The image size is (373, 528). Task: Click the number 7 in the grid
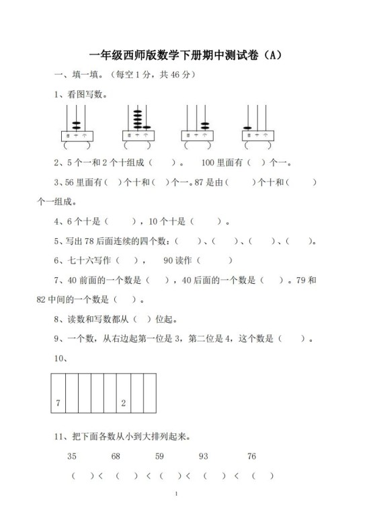tap(58, 403)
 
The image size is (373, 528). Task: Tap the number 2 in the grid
tap(123, 403)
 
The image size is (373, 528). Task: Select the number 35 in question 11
tap(72, 457)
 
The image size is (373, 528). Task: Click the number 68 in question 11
tap(116, 457)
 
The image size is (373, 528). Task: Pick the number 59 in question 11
tap(159, 457)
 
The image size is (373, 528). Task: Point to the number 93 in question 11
tap(204, 457)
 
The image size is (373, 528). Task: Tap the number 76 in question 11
tap(251, 457)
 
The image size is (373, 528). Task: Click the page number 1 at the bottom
tap(175, 514)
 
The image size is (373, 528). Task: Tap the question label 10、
tap(60, 359)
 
